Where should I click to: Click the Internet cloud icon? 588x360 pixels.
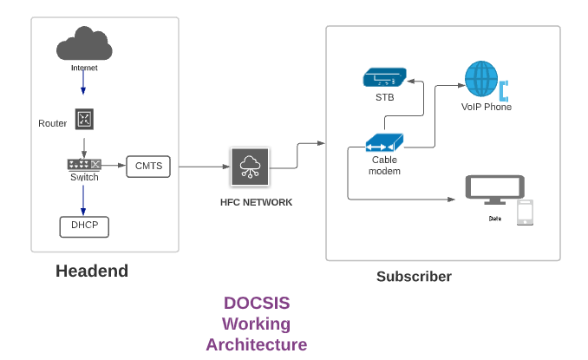tap(84, 44)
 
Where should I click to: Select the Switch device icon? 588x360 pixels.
tap(84, 164)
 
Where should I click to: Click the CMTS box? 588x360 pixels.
tap(149, 167)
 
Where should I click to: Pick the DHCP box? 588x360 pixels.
tap(84, 226)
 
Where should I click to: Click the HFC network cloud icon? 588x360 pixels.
tap(250, 167)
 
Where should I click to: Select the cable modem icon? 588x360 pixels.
tap(384, 142)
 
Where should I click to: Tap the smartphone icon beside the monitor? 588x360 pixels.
tap(525, 213)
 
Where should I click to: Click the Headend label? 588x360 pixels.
tap(92, 271)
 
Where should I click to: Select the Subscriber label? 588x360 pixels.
tap(414, 277)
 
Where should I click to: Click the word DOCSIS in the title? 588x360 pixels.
tap(257, 304)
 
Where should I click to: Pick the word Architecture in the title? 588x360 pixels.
tap(257, 344)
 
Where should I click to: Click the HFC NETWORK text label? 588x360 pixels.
tap(256, 202)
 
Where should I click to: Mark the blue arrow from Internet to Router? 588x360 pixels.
tap(84, 83)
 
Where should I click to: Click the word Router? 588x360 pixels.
tap(53, 123)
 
